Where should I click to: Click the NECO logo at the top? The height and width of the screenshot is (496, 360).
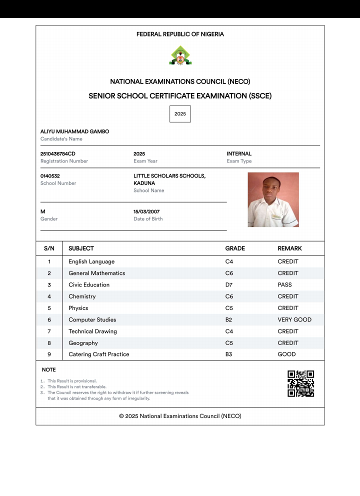tap(180, 56)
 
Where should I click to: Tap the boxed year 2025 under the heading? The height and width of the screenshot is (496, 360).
tap(180, 114)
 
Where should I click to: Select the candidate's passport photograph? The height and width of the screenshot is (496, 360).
tap(273, 199)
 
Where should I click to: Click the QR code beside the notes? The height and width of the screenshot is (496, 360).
tap(300, 383)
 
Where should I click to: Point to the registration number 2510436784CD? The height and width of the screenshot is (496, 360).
tap(58, 153)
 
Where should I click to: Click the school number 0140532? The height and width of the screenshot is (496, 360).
tap(50, 176)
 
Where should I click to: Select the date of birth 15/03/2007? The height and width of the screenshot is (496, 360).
tap(146, 211)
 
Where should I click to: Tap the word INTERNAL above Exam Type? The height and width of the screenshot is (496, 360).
tap(239, 153)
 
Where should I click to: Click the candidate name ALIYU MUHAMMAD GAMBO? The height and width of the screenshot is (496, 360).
tap(74, 131)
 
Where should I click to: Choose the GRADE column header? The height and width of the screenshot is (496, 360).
tap(235, 248)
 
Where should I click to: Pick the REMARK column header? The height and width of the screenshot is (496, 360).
tap(289, 248)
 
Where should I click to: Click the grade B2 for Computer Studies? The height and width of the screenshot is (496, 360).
tap(229, 319)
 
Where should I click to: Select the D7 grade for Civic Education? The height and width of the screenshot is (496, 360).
tap(229, 284)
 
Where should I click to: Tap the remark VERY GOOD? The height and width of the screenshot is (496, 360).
tap(294, 319)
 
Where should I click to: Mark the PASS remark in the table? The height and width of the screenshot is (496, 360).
tap(285, 284)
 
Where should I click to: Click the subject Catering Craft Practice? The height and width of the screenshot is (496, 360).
tap(99, 354)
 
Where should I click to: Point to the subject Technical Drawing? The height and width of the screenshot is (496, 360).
tap(92, 331)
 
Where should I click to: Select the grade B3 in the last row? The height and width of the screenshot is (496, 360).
tap(229, 354)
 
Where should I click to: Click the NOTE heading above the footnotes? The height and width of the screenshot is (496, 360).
tap(48, 369)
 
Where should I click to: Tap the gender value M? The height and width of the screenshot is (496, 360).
tap(42, 211)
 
